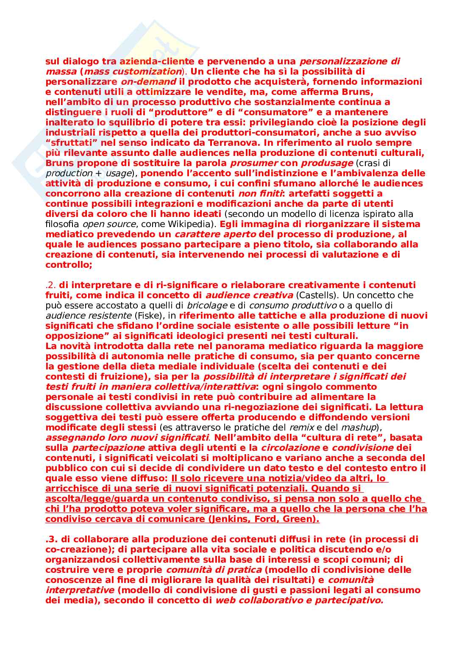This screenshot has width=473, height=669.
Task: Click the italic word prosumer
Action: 253,163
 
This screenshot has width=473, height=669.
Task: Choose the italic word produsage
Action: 327,163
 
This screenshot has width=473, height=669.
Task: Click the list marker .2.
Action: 50,285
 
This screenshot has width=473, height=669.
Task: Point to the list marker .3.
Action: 51,539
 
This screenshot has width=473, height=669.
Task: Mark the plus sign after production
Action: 98,173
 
